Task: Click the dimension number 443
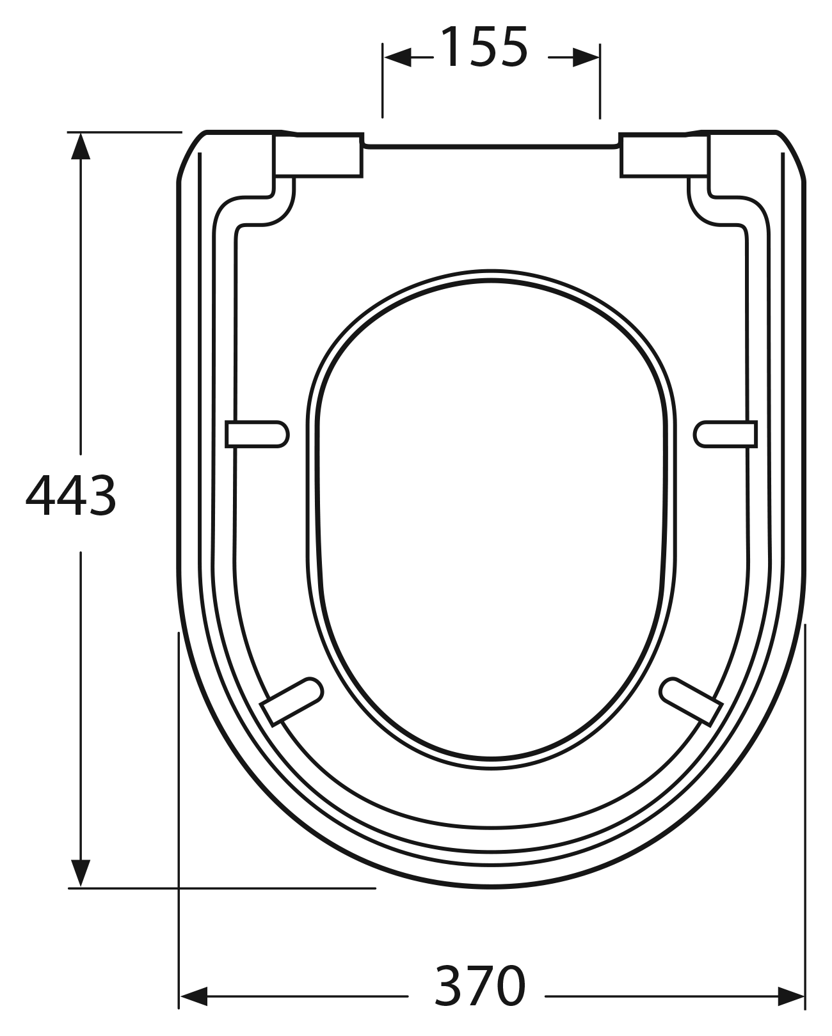coord(71,496)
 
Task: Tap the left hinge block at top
coord(318,155)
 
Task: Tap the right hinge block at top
coord(664,155)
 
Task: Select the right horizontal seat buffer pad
coord(726,434)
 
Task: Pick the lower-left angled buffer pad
coord(292,702)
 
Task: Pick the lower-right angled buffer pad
coord(691,702)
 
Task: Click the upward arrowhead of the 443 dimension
coord(80,145)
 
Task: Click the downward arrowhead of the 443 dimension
coord(80,873)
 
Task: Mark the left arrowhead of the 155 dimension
coord(397,58)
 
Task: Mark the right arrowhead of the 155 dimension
coord(586,58)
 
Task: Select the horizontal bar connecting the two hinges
coord(492,146)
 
